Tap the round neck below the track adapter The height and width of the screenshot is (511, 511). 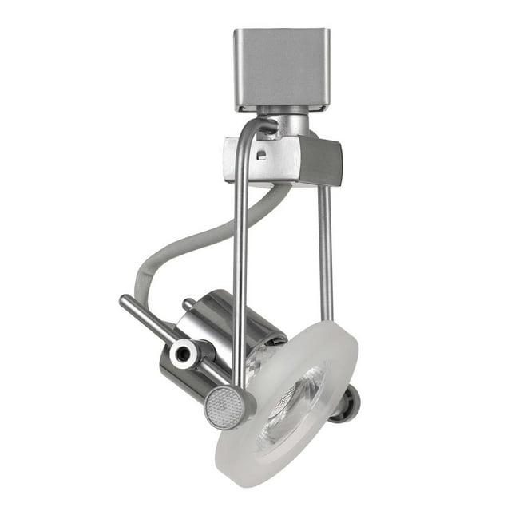pyautogui.click(x=291, y=124)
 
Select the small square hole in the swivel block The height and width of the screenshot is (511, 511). pyautogui.click(x=261, y=153)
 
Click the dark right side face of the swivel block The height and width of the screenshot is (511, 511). pyautogui.click(x=327, y=162)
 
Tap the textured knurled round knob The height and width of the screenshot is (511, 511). pyautogui.click(x=226, y=407)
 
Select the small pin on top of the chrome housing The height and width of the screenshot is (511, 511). pyautogui.click(x=189, y=304)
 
